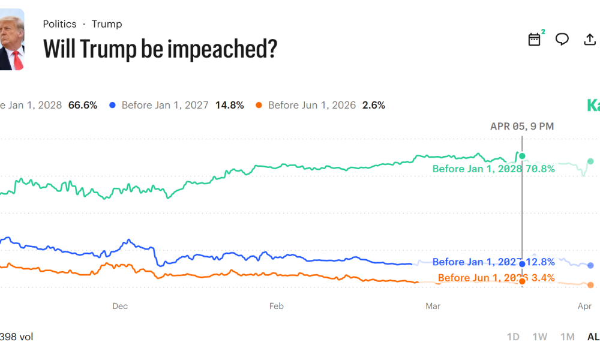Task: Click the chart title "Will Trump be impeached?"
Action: [160, 49]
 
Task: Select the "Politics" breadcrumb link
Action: [59, 24]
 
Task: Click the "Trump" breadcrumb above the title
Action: [107, 24]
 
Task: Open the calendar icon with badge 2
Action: [534, 40]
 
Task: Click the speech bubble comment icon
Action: [562, 40]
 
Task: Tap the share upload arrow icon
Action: [590, 40]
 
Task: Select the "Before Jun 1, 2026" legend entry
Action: [311, 105]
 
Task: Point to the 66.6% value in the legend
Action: [83, 105]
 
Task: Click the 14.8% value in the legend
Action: [230, 105]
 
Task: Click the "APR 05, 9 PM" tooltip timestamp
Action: [522, 126]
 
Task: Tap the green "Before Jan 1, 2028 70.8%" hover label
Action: [493, 169]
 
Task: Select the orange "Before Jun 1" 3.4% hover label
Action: [496, 278]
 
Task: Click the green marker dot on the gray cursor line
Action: [522, 156]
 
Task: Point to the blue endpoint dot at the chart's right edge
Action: [590, 265]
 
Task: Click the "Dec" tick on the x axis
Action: [120, 306]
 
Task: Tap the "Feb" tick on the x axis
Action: [276, 306]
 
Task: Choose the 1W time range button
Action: [540, 337]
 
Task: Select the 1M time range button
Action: [567, 337]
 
